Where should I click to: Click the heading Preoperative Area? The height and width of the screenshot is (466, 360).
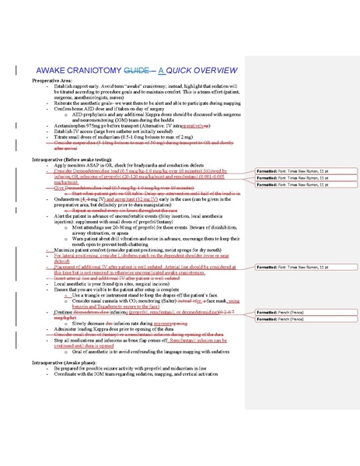point(49,79)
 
